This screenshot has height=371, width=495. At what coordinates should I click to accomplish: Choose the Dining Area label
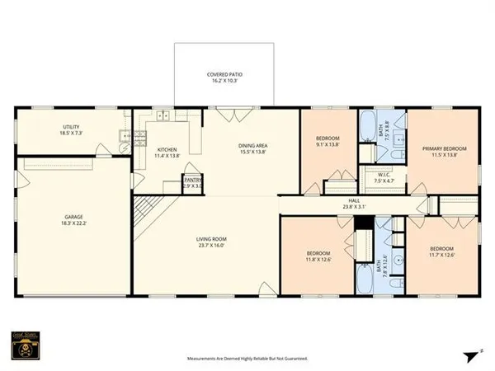[x=253, y=146]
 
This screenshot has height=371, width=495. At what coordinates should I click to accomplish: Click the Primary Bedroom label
[x=444, y=148]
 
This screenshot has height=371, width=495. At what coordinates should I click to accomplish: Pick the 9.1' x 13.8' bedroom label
[x=328, y=139]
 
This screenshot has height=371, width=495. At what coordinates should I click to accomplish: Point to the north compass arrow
[x=469, y=355]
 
